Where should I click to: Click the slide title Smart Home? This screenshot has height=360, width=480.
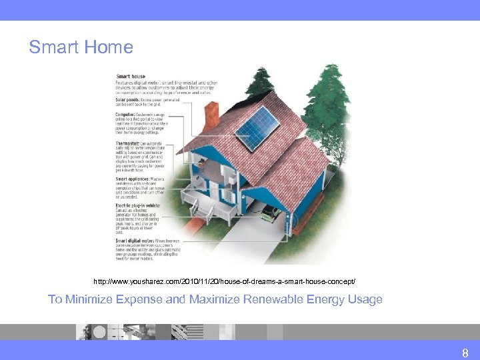(x=81, y=47)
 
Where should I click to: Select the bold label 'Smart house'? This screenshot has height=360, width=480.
(x=130, y=76)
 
